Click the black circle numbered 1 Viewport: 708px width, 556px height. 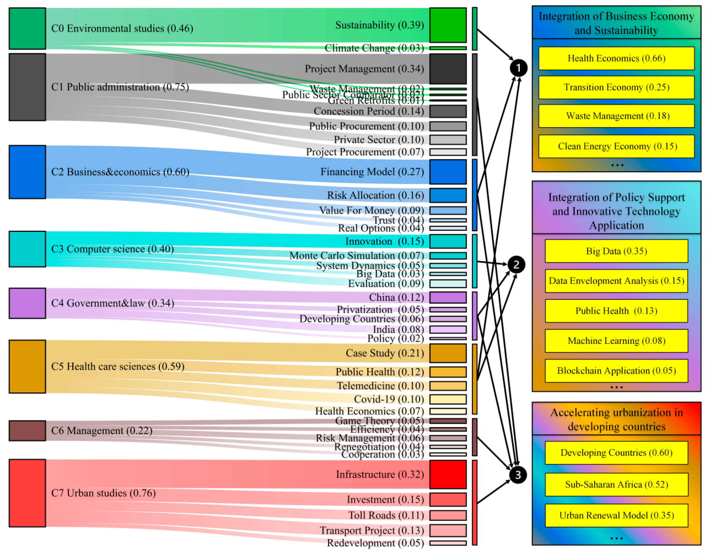(518, 68)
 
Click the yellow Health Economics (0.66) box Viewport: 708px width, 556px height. (616, 58)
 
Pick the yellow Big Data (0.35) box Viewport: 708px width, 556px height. (616, 251)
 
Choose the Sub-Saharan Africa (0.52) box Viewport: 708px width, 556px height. (616, 484)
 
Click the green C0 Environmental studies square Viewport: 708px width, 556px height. (27, 29)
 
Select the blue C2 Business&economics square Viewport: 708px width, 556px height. (27, 172)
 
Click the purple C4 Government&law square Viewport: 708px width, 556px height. (27, 303)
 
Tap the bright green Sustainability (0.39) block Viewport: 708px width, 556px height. (448, 25)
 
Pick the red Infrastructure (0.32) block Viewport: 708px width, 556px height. (448, 474)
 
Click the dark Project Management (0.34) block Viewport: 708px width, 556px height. (448, 69)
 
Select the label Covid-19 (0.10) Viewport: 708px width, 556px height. (389, 399)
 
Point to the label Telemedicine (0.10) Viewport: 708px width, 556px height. (380, 386)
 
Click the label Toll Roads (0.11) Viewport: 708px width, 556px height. (386, 515)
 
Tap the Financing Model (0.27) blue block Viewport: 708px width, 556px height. (448, 172)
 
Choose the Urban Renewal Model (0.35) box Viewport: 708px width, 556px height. (616, 515)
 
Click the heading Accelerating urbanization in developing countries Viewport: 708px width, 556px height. (616, 419)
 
